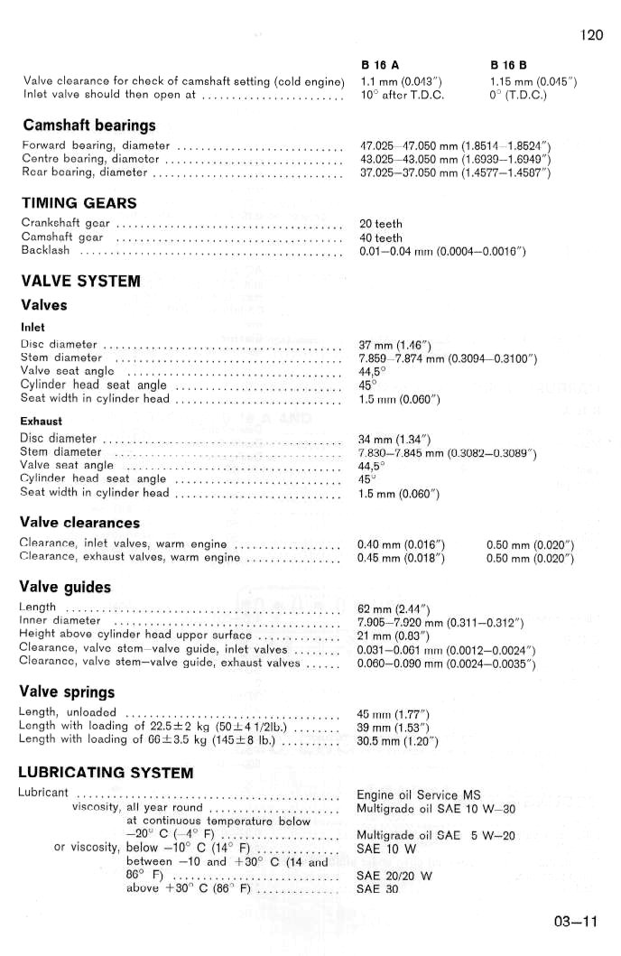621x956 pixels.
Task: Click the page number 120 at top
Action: pos(591,35)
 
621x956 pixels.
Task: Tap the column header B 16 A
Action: pos(380,66)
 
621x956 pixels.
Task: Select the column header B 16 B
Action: pos(509,66)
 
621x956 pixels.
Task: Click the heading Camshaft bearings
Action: pos(88,125)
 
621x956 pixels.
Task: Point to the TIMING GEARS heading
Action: pos(79,202)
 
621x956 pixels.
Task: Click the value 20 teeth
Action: pos(381,224)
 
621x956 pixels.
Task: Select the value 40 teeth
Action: pos(381,237)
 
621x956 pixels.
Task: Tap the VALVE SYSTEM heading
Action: pos(80,281)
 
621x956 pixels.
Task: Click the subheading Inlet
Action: pos(32,327)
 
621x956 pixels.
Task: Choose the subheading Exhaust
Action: pos(41,421)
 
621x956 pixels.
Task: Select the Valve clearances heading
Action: pos(79,523)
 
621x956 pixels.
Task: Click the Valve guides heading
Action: pos(65,587)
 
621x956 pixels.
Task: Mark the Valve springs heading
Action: pos(67,692)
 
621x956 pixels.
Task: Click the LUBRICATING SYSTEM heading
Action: pos(106,773)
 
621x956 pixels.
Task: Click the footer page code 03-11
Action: pos(577,922)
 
